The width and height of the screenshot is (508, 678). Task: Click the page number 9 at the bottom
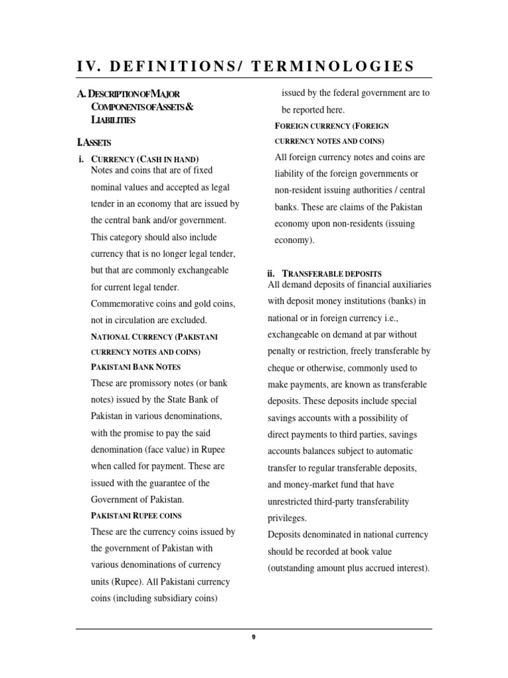(x=253, y=637)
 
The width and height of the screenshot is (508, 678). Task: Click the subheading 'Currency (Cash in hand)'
(x=145, y=159)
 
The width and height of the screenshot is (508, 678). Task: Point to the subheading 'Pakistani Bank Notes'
(x=136, y=367)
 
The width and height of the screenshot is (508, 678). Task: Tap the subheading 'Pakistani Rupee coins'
(x=136, y=515)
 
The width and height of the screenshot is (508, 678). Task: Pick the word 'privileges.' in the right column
(x=288, y=518)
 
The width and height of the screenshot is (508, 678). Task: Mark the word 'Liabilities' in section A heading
(x=113, y=120)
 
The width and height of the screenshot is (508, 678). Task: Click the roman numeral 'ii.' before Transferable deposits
(x=271, y=273)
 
